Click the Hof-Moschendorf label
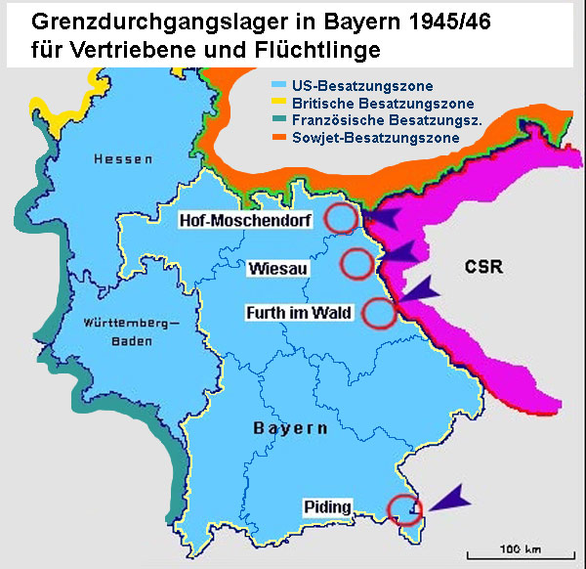(245, 222)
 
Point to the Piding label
(328, 506)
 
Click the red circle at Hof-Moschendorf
(342, 218)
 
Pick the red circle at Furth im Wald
(378, 313)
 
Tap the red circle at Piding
(404, 509)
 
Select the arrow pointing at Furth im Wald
(423, 288)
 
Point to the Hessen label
(118, 158)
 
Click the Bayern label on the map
(289, 429)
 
